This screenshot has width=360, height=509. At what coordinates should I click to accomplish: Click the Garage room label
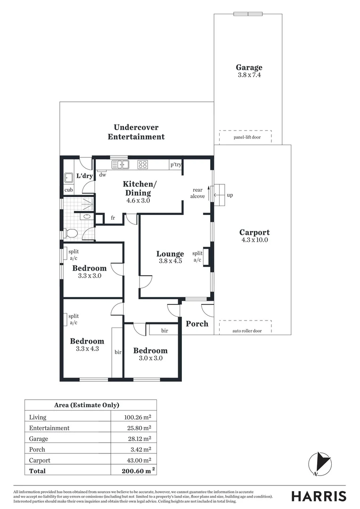249,67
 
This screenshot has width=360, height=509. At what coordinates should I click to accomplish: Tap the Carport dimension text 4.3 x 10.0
254,240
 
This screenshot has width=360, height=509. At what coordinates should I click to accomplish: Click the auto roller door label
246,331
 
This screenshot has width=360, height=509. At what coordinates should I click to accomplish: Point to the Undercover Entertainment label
136,132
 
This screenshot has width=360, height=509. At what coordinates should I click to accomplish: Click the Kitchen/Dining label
138,188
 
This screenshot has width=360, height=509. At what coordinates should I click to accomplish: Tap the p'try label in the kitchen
176,164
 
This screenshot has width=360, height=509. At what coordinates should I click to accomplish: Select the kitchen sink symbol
121,164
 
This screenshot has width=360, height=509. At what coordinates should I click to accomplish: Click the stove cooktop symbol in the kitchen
142,164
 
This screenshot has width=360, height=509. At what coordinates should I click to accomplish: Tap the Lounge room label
170,254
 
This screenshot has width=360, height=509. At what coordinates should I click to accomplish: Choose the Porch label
197,324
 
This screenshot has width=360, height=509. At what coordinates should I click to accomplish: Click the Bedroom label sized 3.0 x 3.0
150,351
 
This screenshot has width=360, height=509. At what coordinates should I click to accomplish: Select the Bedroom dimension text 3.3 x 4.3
87,349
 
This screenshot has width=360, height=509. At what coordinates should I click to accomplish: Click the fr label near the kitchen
113,218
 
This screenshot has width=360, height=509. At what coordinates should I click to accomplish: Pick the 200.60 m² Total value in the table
136,470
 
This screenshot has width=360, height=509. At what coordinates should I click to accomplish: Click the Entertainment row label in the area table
49,428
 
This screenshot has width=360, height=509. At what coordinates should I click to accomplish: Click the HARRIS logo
319,496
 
